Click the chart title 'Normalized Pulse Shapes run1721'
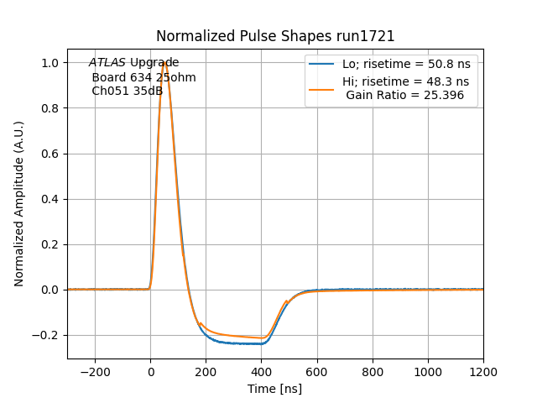click(x=275, y=36)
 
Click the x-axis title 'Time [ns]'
click(x=275, y=389)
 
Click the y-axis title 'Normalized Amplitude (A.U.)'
click(x=18, y=204)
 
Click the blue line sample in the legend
click(x=322, y=64)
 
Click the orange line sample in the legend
click(x=322, y=82)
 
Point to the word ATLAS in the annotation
click(x=107, y=63)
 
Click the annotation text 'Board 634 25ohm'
click(x=143, y=77)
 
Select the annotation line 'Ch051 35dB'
click(x=128, y=92)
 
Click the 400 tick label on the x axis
click(x=262, y=372)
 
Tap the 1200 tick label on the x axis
click(x=483, y=372)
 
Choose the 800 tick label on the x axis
click(x=373, y=372)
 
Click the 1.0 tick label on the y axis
click(x=50, y=63)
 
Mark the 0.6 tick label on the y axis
click(x=50, y=154)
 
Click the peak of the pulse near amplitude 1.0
click(x=165, y=63)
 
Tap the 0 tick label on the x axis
click(x=151, y=372)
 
